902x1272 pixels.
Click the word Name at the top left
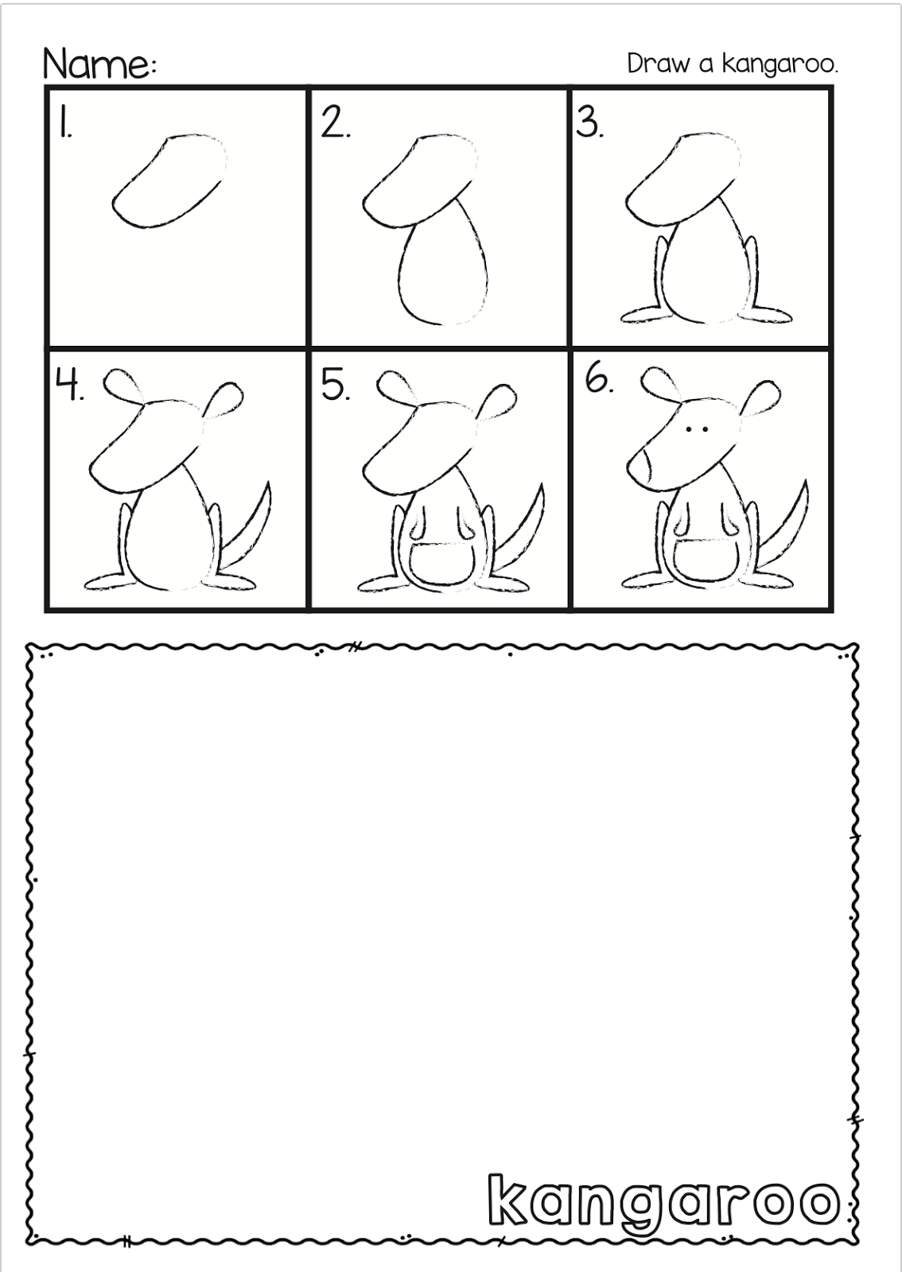pyautogui.click(x=95, y=64)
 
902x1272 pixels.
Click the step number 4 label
pyautogui.click(x=69, y=386)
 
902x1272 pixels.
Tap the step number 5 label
pyautogui.click(x=336, y=386)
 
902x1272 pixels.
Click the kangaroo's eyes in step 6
pyautogui.click(x=698, y=429)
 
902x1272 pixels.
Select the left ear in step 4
pyautogui.click(x=122, y=387)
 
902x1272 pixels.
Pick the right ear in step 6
pyautogui.click(x=763, y=397)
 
